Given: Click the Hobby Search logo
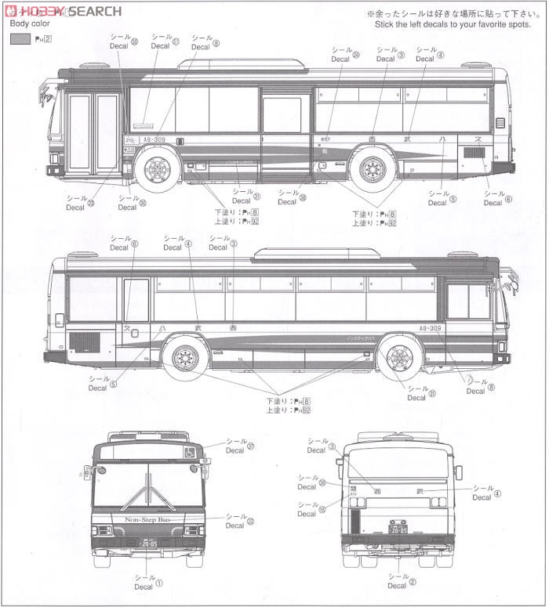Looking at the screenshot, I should pos(64,11).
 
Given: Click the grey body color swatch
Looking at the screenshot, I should pos(21,39).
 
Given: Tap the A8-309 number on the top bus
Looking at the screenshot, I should pos(153,140).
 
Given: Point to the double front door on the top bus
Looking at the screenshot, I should pos(93,132).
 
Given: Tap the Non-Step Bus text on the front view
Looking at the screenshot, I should pos(147,519).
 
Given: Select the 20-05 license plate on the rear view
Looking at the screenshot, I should pos(398,530).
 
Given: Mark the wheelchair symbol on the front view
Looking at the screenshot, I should pos(190,452).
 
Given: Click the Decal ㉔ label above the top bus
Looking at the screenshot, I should pos(345,56).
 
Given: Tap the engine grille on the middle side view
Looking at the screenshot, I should pos(85,341).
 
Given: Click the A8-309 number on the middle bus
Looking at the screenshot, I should pos(432,329).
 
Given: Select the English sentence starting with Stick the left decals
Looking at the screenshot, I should pos(441,24).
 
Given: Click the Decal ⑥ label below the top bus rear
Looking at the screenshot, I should pos(497,199).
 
